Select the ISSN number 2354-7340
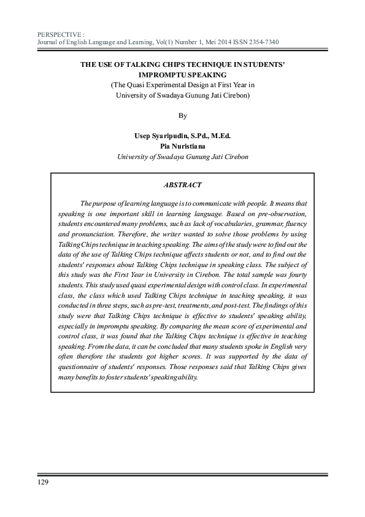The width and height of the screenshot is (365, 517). click(x=263, y=42)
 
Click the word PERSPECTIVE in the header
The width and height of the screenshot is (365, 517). click(x=59, y=34)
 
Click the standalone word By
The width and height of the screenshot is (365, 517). click(x=182, y=115)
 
